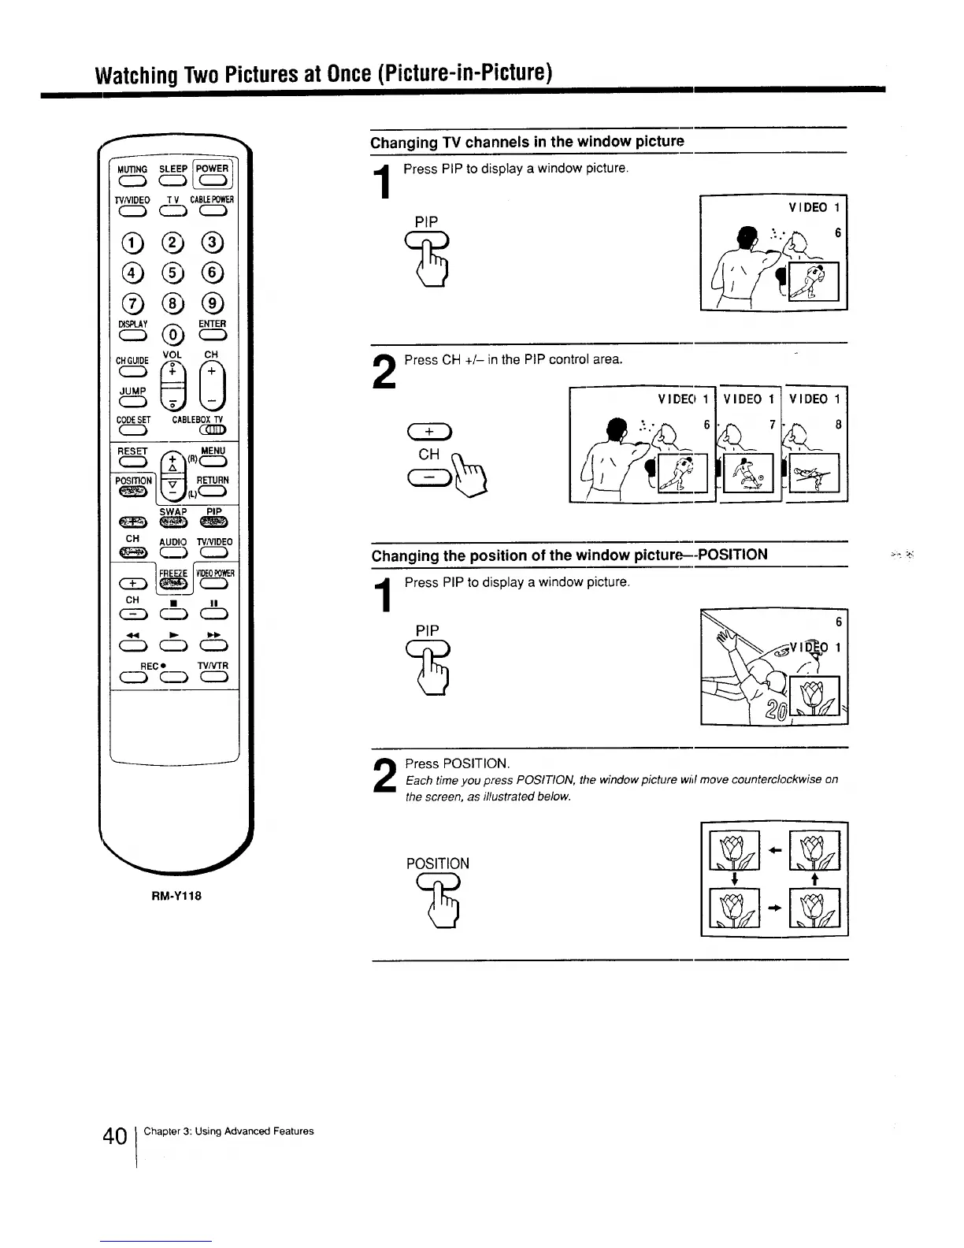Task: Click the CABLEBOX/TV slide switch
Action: (x=213, y=429)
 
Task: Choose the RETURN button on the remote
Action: (x=213, y=492)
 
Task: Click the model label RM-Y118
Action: (x=172, y=895)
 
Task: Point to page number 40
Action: (x=115, y=1137)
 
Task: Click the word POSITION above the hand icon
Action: (x=437, y=864)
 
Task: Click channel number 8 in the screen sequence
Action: (x=839, y=425)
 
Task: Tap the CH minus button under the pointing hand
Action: (x=429, y=477)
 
